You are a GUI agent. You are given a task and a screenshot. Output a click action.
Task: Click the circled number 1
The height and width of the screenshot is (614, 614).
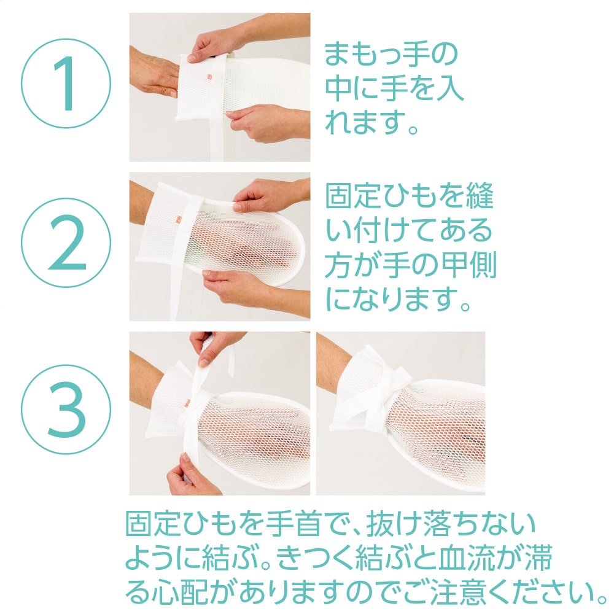[x=66, y=83]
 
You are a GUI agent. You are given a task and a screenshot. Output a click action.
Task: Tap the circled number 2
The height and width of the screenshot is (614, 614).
[x=66, y=243]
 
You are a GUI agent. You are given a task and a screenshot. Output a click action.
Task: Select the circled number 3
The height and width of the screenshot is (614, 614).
[x=66, y=410]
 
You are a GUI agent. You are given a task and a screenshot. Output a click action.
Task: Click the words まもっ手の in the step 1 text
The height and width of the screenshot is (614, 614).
[x=391, y=54]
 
